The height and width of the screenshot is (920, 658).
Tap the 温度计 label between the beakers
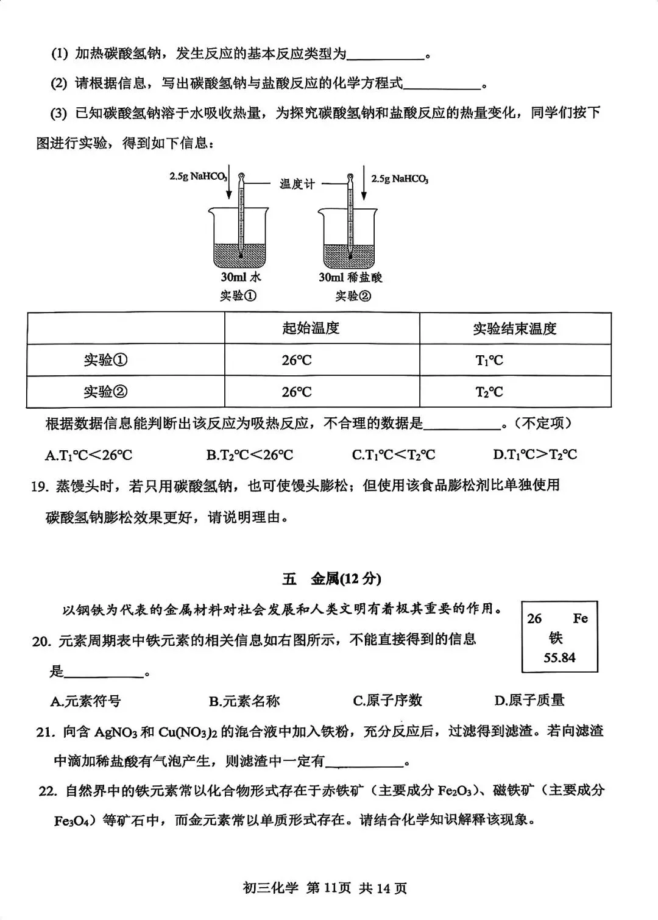pyautogui.click(x=297, y=183)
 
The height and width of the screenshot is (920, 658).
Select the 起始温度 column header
pyautogui.click(x=310, y=328)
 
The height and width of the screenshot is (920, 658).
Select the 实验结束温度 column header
pyautogui.click(x=514, y=329)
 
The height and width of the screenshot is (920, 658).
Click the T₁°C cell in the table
pyautogui.click(x=489, y=361)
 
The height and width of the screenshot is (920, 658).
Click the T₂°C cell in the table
pyautogui.click(x=489, y=392)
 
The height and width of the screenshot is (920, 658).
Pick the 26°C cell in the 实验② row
pyautogui.click(x=297, y=392)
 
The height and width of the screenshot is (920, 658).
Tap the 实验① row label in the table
pyautogui.click(x=106, y=360)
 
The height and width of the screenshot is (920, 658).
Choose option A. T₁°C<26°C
pyautogui.click(x=88, y=455)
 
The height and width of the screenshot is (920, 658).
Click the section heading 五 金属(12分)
pyautogui.click(x=331, y=579)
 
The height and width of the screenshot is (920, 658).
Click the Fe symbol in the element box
pyautogui.click(x=579, y=619)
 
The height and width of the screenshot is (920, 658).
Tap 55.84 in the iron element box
pyautogui.click(x=559, y=658)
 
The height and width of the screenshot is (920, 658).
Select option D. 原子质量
pyautogui.click(x=529, y=701)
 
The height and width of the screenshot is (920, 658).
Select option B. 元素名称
pyautogui.click(x=244, y=701)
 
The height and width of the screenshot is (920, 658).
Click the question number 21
pyautogui.click(x=45, y=732)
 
